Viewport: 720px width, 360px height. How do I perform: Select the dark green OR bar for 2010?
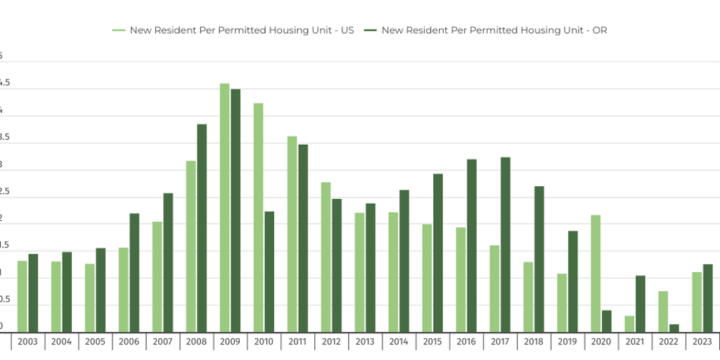click(x=269, y=271)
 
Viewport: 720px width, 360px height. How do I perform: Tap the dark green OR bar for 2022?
click(x=674, y=328)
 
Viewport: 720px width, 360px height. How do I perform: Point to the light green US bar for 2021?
click(x=629, y=323)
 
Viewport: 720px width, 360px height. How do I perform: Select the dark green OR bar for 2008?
click(x=202, y=228)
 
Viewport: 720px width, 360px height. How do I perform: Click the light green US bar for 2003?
click(x=22, y=296)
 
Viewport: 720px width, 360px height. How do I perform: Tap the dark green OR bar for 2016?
click(x=472, y=245)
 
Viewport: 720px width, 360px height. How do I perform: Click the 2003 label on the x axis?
click(x=27, y=342)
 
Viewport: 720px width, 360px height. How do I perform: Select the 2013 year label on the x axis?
click(x=365, y=342)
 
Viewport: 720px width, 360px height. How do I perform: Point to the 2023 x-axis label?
click(x=702, y=342)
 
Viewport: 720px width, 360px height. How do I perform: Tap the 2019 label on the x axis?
click(x=567, y=342)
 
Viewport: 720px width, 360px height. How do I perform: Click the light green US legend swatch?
click(x=118, y=30)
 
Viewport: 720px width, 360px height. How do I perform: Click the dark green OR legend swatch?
click(x=370, y=30)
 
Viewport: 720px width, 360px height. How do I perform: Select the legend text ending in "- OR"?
click(x=494, y=30)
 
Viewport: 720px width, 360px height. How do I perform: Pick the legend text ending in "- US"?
click(x=241, y=30)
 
